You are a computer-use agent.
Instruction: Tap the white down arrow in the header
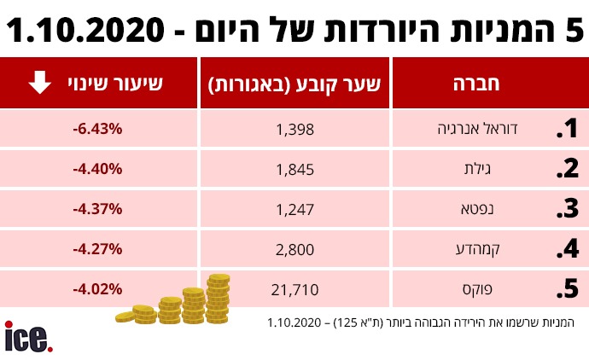tap(38, 83)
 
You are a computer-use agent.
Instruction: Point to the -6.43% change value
tap(98, 129)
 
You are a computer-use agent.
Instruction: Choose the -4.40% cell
tap(98, 169)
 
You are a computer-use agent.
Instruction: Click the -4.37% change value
tap(98, 209)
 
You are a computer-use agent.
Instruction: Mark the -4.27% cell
tap(98, 249)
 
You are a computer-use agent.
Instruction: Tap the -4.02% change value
tap(98, 289)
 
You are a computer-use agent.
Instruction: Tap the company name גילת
tap(523, 169)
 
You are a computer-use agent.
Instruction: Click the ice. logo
tap(28, 337)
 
